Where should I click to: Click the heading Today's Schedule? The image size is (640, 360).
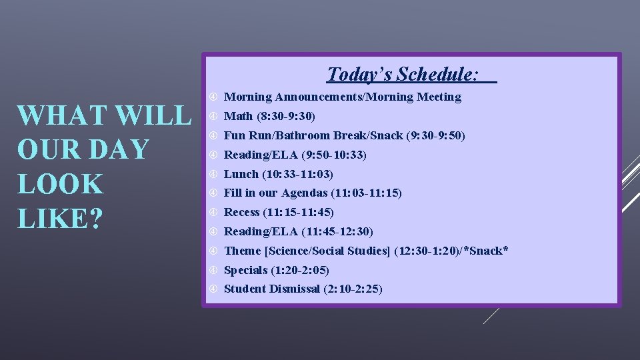[403, 73]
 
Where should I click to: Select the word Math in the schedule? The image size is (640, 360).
[238, 116]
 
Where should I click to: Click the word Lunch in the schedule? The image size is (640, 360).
[241, 174]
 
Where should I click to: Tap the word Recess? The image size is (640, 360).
[241, 212]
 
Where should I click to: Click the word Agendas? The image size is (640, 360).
[304, 193]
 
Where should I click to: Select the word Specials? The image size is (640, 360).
[245, 270]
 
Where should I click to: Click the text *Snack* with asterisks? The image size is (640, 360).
[487, 251]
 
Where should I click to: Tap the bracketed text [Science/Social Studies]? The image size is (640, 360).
[327, 251]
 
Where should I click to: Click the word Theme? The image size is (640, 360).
[243, 251]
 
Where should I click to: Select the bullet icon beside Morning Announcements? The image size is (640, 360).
[213, 97]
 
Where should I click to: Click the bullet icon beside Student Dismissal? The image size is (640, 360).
[213, 289]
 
